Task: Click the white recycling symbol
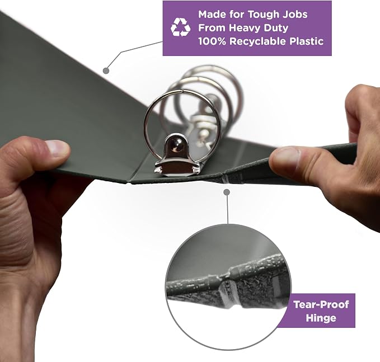pyautogui.click(x=181, y=27)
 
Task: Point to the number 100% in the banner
pyautogui.click(x=212, y=41)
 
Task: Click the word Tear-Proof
pyautogui.click(x=321, y=304)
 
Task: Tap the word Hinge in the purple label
pyautogui.click(x=321, y=318)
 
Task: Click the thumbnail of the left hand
pyautogui.click(x=58, y=148)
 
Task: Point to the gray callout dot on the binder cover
pyautogui.click(x=106, y=70)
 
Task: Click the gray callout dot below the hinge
pyautogui.click(x=227, y=192)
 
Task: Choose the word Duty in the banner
pyautogui.click(x=276, y=28)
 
